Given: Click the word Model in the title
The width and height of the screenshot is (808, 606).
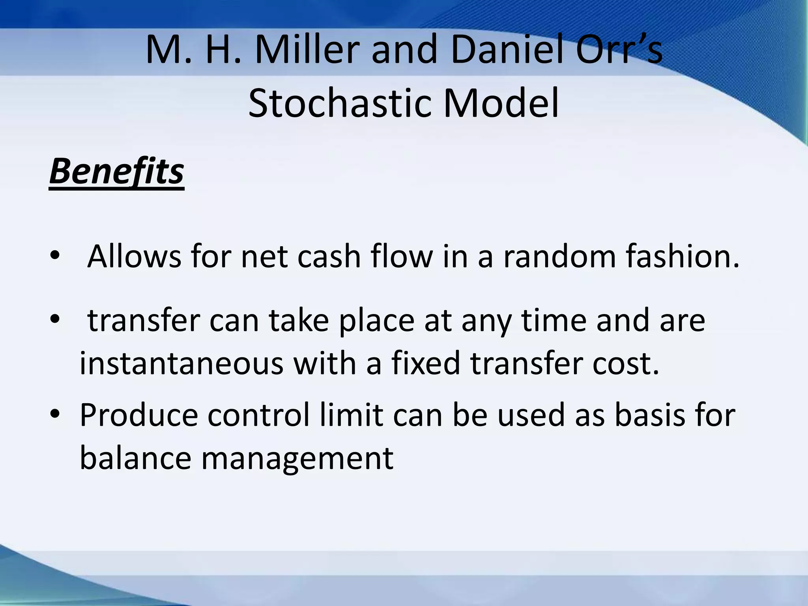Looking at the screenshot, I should coord(501,103).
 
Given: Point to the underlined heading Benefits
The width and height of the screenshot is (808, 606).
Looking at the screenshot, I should coord(117,171).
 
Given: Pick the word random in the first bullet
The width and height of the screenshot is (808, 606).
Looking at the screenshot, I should coord(559,256).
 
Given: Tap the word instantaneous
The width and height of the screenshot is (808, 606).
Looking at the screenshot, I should coord(181,363).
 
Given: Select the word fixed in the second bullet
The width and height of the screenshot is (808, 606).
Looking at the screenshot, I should coord(425,363).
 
